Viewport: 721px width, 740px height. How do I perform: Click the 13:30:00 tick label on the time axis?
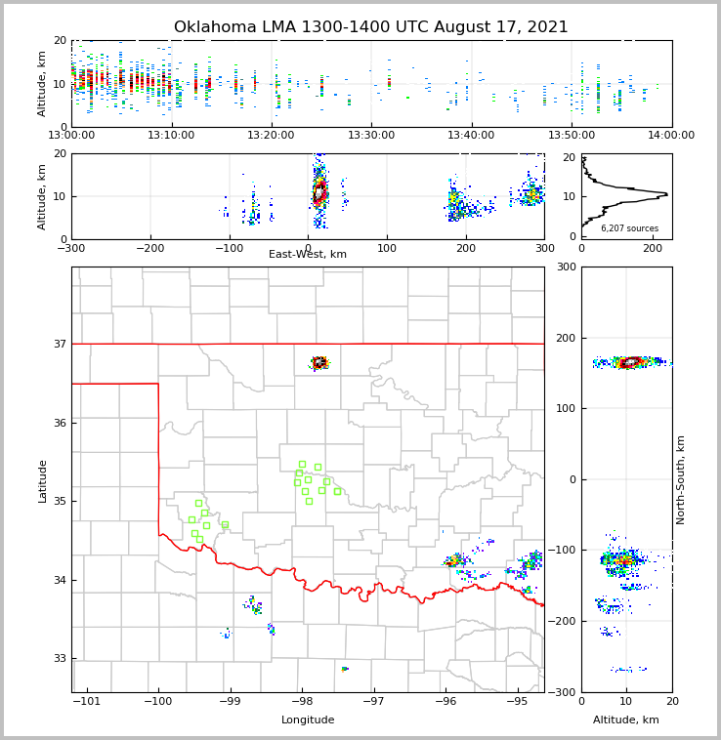click(372, 136)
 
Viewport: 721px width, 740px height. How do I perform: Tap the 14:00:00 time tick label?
click(671, 136)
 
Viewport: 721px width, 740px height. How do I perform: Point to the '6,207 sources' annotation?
click(629, 228)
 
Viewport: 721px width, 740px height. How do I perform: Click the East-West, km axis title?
click(308, 255)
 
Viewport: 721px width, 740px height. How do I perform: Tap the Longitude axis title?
click(308, 720)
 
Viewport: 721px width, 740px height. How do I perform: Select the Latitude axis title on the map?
click(43, 480)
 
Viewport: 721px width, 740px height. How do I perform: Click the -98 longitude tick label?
click(301, 702)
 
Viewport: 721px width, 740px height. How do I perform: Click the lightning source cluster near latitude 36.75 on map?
click(319, 363)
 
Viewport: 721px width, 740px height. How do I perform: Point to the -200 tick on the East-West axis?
click(150, 249)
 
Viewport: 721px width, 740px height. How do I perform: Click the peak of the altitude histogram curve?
click(666, 194)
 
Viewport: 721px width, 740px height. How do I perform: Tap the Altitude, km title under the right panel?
click(626, 720)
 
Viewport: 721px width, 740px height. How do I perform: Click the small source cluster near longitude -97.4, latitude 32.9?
click(345, 669)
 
